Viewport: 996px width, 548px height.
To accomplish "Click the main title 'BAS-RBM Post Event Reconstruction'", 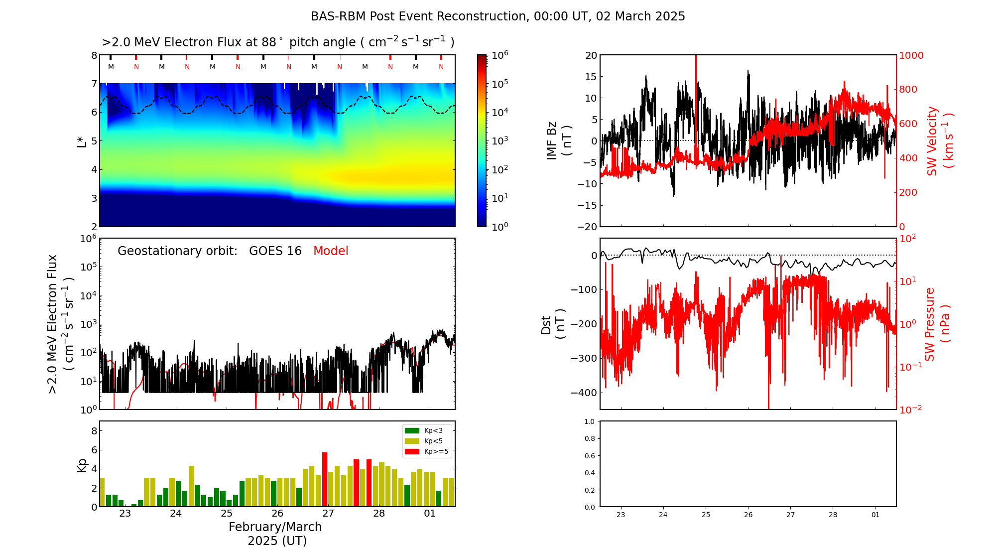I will [x=418, y=16].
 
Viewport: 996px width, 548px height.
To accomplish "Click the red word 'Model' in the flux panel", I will [x=331, y=251].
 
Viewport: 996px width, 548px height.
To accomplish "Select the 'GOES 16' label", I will [x=275, y=251].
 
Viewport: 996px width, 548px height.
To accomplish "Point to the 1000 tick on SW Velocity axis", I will [x=911, y=55].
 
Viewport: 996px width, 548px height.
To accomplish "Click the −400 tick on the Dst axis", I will [x=584, y=393].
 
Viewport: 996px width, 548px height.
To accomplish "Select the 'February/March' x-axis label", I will [x=275, y=527].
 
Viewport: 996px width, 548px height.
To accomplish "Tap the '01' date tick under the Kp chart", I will [x=429, y=514].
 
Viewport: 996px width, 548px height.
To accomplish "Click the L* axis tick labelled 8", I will [x=94, y=55].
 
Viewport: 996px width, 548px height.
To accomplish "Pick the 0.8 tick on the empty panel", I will [x=589, y=439].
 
